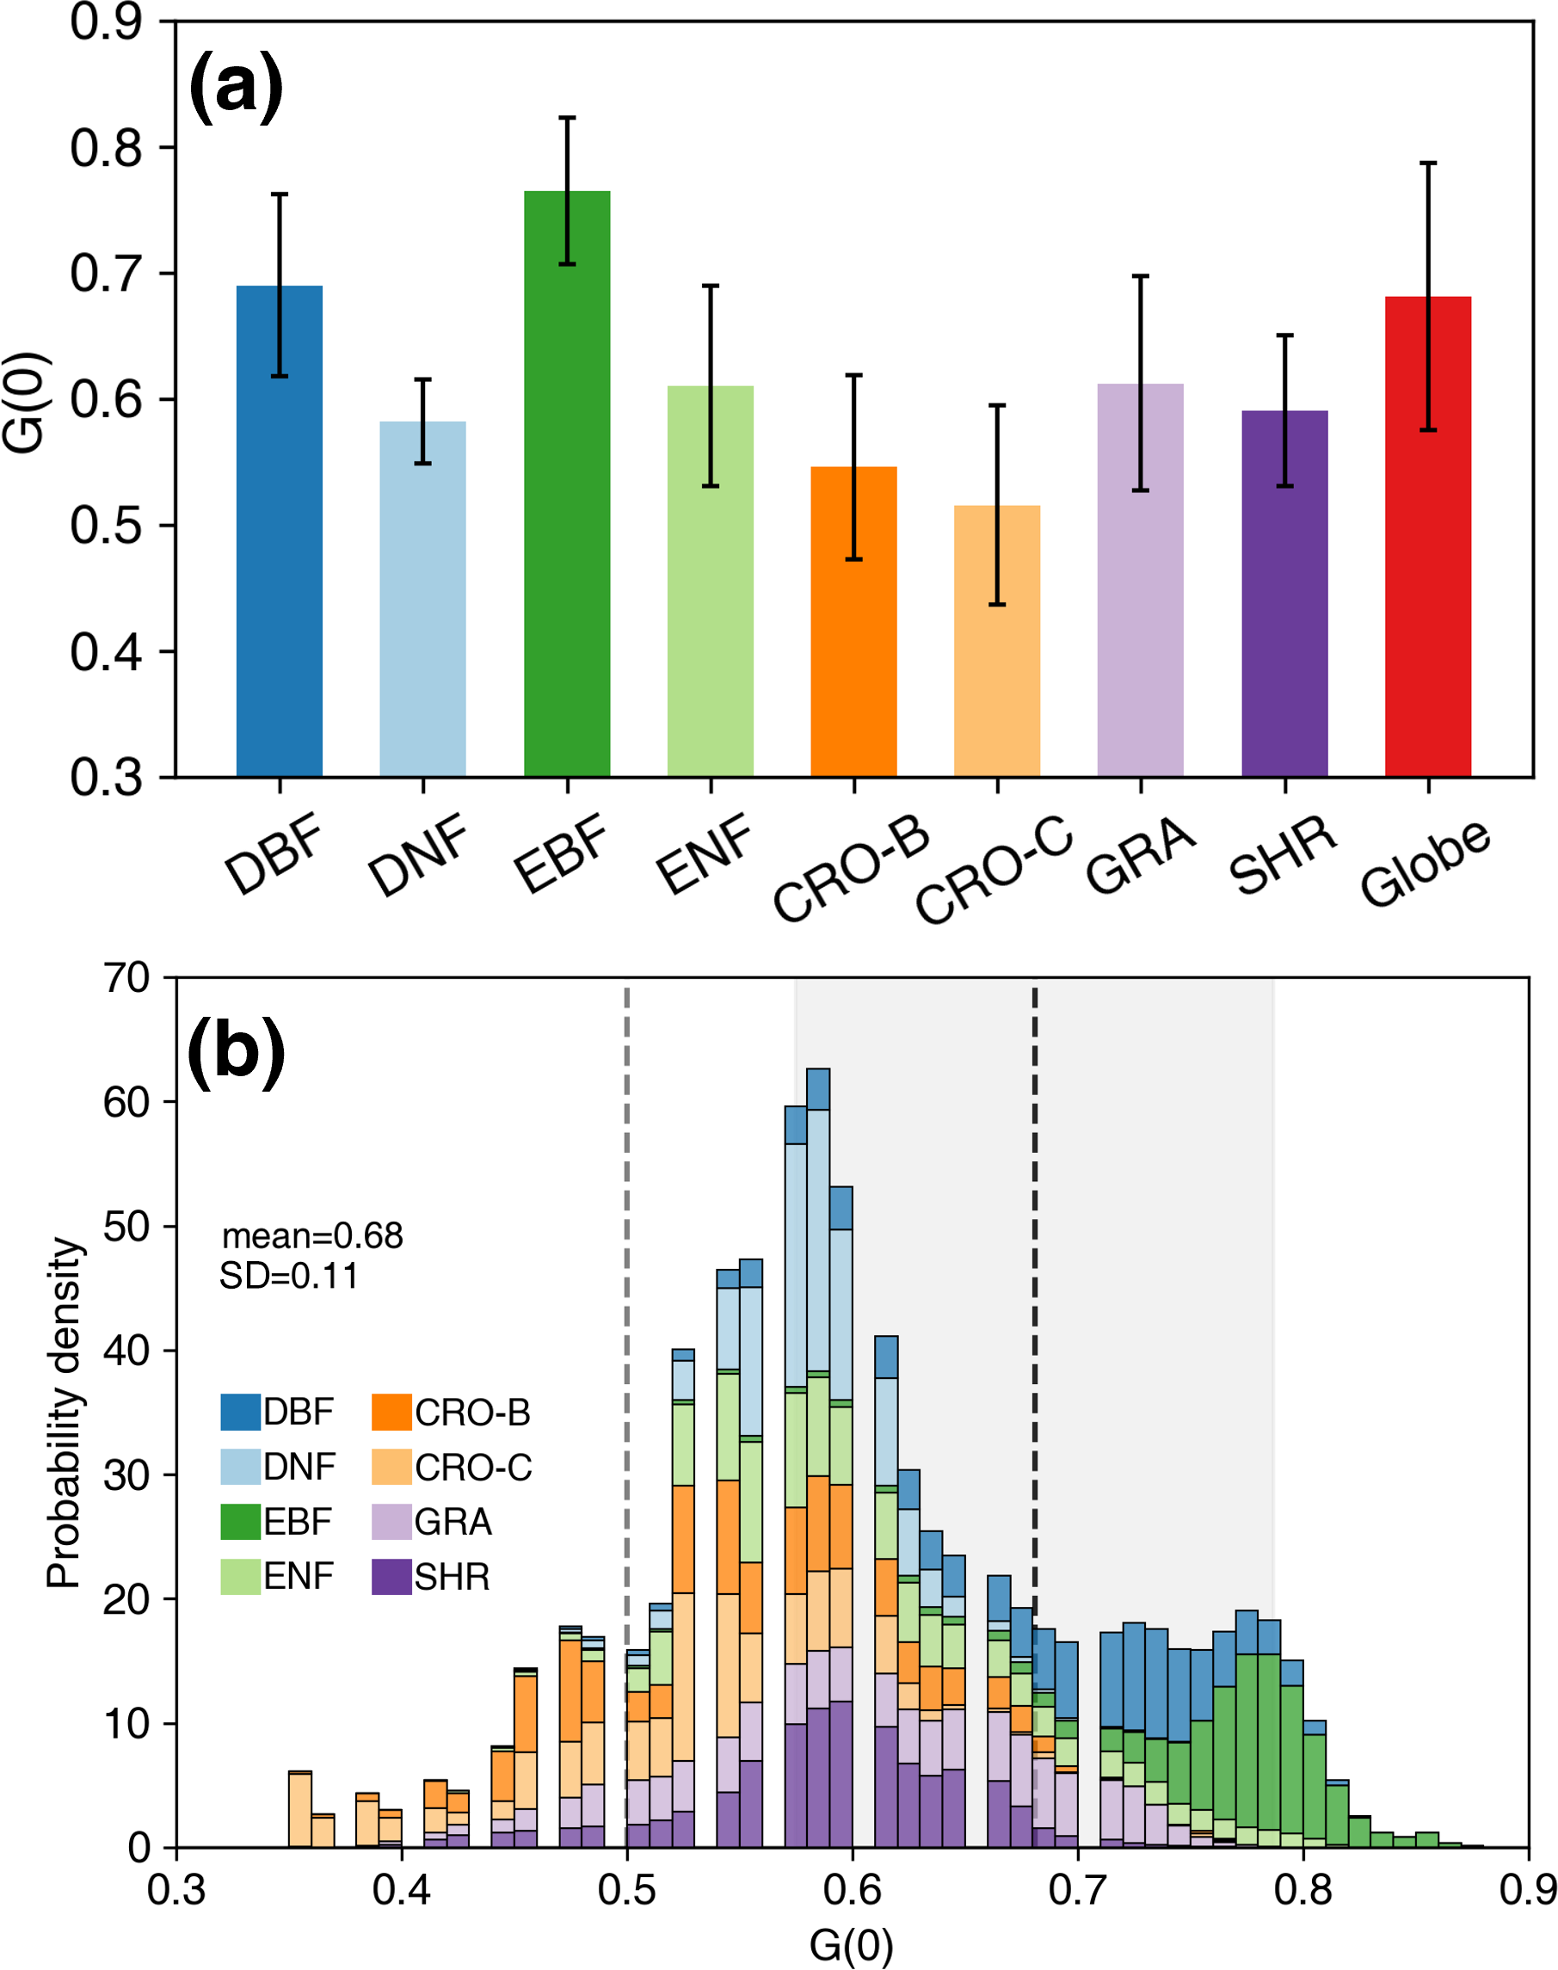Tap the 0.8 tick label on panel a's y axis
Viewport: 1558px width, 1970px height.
106,148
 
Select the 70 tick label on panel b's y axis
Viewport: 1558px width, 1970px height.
126,979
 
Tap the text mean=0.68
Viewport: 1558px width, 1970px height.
312,1236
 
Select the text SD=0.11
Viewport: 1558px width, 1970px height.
288,1276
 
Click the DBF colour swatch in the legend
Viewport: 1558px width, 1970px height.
240,1412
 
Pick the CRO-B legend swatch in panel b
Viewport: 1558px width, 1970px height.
391,1412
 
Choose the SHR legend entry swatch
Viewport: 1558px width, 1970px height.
391,1576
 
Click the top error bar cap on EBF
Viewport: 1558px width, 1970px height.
566,118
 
